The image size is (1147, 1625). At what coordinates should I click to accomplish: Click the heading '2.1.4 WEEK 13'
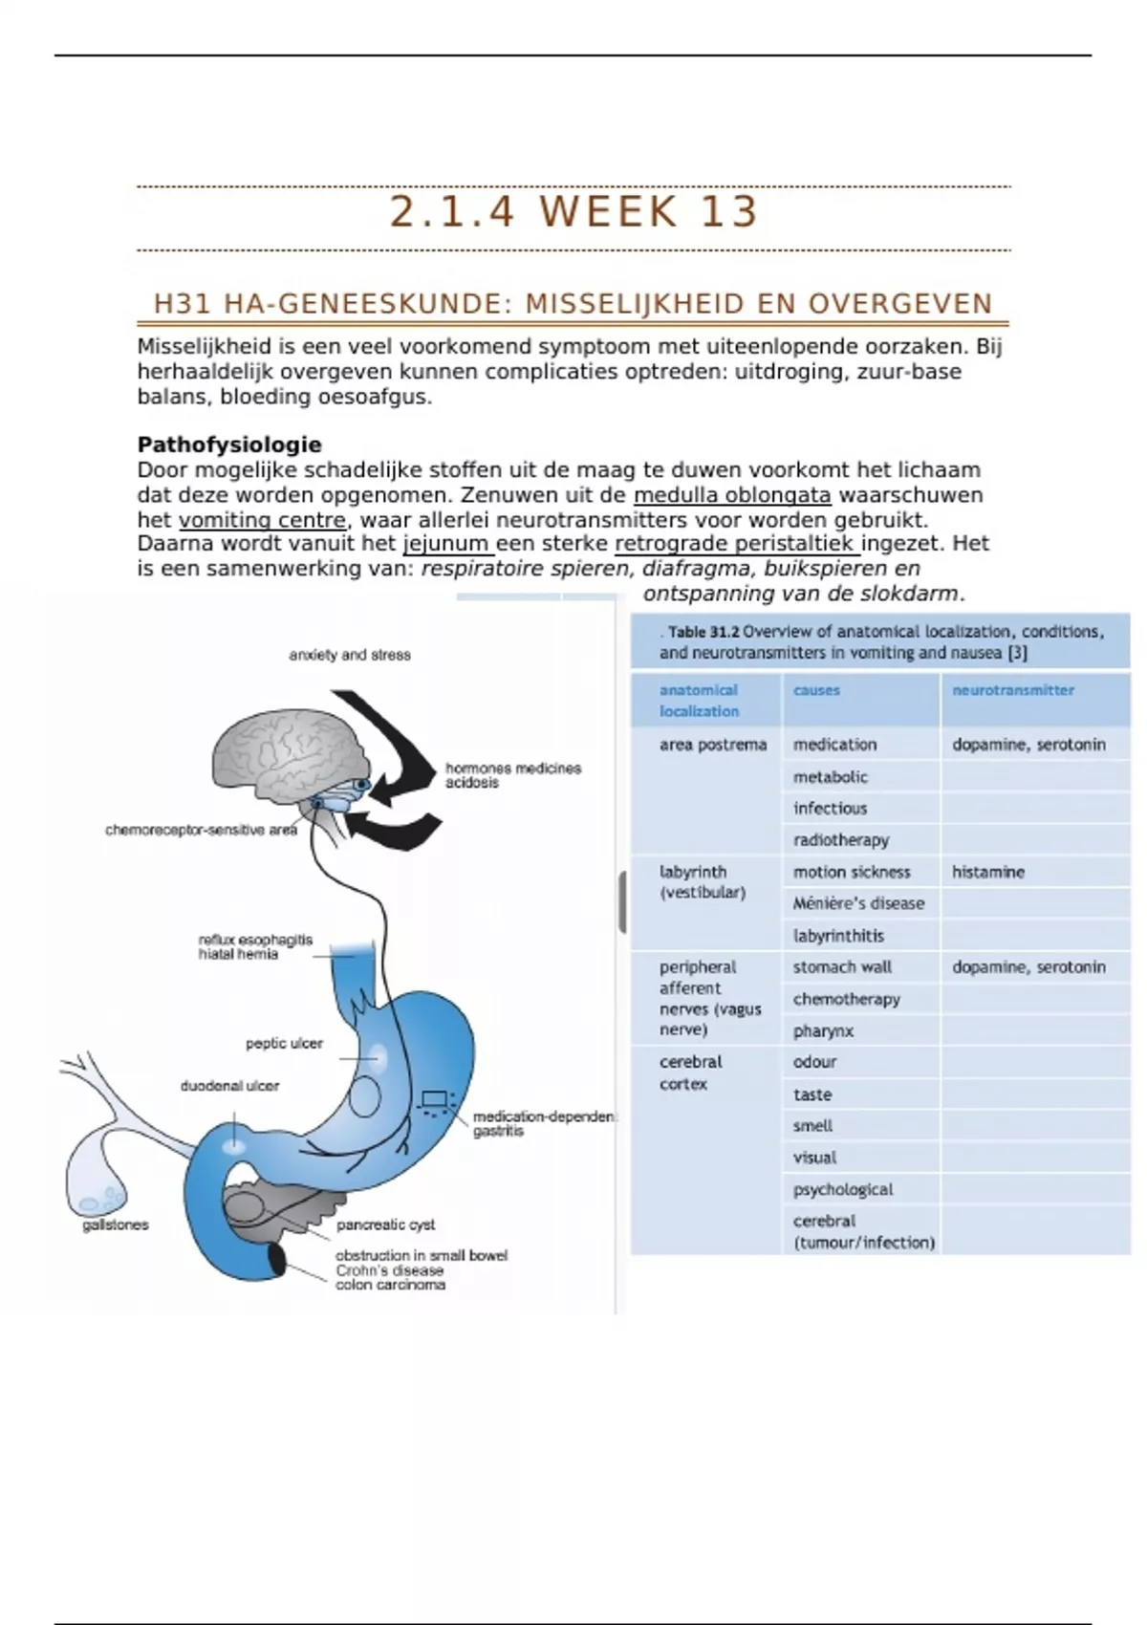(x=573, y=212)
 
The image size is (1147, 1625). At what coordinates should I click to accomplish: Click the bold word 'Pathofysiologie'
(x=229, y=444)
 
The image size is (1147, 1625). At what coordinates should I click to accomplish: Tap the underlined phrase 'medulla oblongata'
(x=732, y=495)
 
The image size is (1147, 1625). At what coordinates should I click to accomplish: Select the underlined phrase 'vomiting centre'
(x=262, y=520)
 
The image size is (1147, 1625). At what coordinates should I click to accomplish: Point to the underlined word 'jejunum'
(x=446, y=544)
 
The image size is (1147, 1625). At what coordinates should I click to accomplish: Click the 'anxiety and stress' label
(x=350, y=655)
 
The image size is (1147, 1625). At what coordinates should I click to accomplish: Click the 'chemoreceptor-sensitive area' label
(x=201, y=830)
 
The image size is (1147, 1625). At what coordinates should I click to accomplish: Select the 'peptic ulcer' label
(x=284, y=1043)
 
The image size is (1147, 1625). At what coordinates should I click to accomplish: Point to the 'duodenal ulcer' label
(x=229, y=1086)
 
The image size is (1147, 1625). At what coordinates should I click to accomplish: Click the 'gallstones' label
(x=116, y=1224)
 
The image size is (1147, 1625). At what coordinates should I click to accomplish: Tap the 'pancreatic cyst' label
(x=385, y=1224)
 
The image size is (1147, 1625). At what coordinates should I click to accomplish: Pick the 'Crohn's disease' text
(x=389, y=1270)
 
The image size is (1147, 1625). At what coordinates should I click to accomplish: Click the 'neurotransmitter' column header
(x=1013, y=690)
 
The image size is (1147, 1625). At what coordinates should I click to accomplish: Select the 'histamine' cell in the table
(x=988, y=872)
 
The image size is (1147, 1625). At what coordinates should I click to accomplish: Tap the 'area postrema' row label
(x=713, y=745)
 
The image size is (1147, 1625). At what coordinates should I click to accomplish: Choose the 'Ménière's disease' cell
(x=858, y=903)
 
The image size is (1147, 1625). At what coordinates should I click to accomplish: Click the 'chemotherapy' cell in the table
(x=847, y=999)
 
